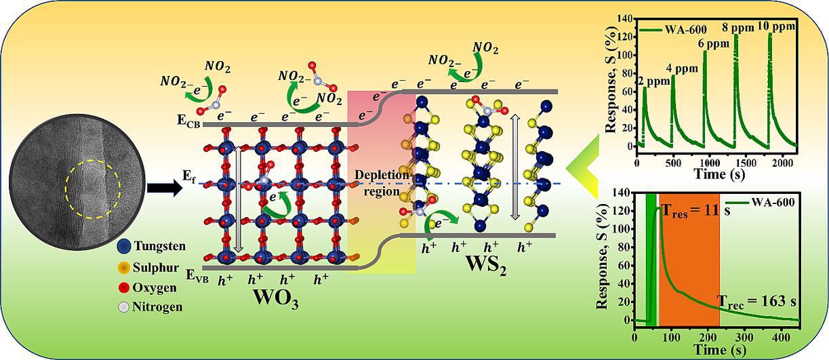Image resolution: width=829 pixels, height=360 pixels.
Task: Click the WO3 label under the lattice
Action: pyautogui.click(x=275, y=298)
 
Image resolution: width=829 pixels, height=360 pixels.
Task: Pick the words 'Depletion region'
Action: pyautogui.click(x=382, y=183)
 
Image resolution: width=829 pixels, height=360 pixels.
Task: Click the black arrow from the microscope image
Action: pyautogui.click(x=164, y=187)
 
